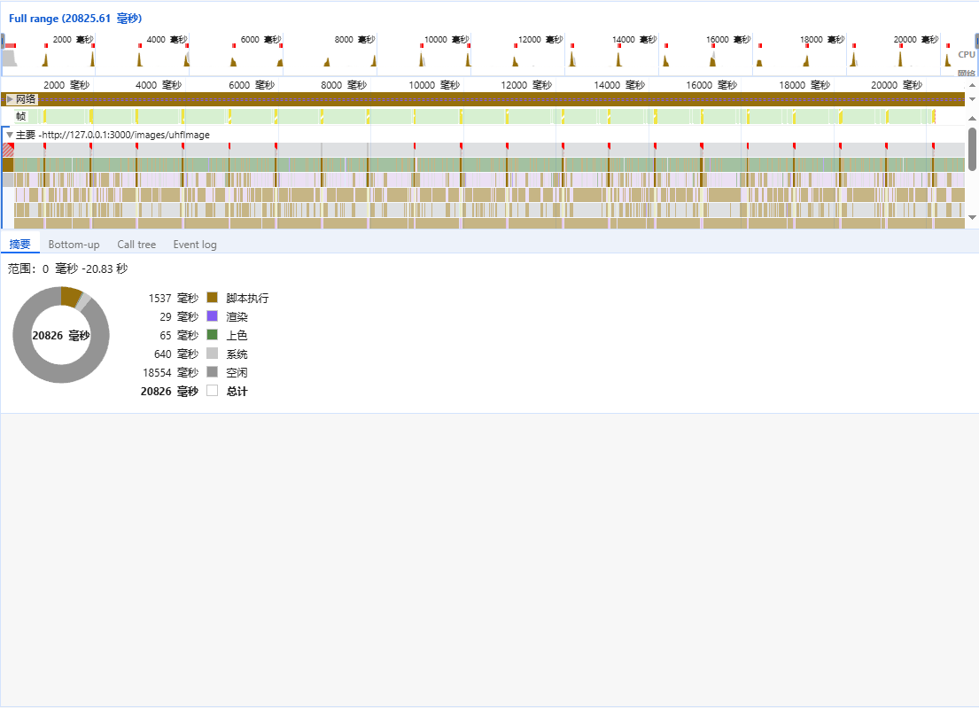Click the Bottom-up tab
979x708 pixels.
tap(74, 245)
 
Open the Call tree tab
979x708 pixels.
tap(136, 245)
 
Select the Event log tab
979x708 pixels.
tap(195, 245)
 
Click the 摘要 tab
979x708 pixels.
tap(19, 245)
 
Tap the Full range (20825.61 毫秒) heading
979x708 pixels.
tap(75, 18)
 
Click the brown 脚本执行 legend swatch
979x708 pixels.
tap(212, 298)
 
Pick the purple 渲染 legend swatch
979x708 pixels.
tap(212, 316)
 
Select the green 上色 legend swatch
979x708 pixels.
tap(212, 335)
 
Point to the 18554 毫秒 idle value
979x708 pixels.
tap(170, 373)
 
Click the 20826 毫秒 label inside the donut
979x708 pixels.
tap(61, 336)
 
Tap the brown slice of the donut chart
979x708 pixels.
tap(70, 296)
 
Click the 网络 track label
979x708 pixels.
tap(27, 99)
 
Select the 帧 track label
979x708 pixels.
tap(20, 116)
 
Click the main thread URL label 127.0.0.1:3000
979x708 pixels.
tap(124, 135)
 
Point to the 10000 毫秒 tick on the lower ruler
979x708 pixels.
tap(434, 85)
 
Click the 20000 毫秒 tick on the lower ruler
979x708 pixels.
tap(897, 85)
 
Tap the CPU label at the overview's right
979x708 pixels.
tap(966, 55)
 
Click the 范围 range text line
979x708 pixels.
tap(67, 268)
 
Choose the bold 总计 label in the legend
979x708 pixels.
tap(237, 392)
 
